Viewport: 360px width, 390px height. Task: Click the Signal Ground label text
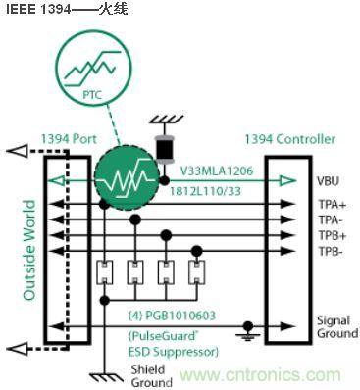pos(334,327)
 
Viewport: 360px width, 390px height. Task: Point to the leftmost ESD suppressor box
pos(103,271)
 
